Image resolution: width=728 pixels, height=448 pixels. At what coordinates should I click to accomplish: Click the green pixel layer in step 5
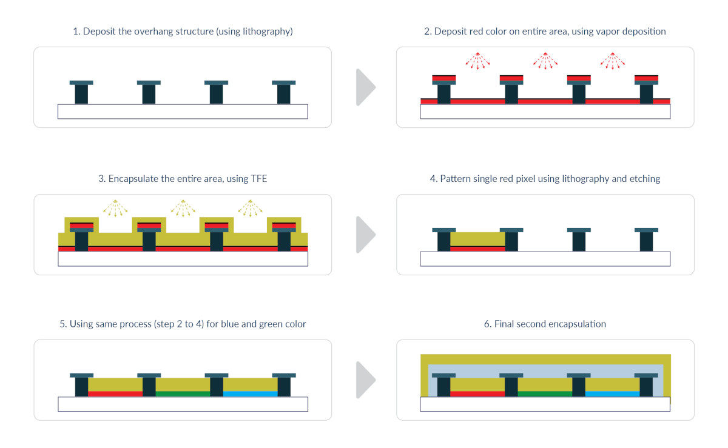pyautogui.click(x=183, y=394)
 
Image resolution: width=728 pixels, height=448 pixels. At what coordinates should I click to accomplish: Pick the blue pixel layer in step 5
pyautogui.click(x=251, y=394)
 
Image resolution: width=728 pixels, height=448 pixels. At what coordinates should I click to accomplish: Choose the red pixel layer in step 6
pyautogui.click(x=477, y=394)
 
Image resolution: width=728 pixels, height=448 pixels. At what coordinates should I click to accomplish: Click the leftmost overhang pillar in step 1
pyautogui.click(x=81, y=93)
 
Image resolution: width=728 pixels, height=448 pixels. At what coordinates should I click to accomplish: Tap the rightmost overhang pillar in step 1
pyautogui.click(x=283, y=93)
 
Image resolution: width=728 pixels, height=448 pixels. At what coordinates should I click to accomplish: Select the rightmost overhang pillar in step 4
pyautogui.click(x=646, y=241)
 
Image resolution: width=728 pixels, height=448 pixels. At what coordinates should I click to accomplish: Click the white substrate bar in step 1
pyautogui.click(x=182, y=112)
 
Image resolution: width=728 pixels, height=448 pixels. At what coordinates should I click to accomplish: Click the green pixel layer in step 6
pyautogui.click(x=545, y=394)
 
